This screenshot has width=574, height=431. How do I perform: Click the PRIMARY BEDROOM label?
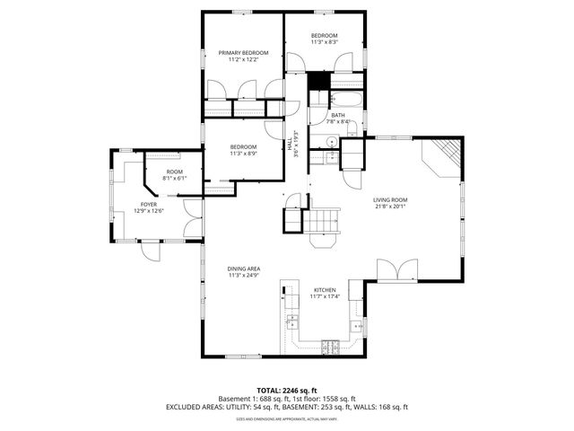pos(238,53)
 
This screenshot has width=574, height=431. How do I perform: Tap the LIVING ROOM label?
pos(391,199)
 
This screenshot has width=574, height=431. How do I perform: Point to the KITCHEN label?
pos(325,289)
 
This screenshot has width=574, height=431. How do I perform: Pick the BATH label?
pos(337,115)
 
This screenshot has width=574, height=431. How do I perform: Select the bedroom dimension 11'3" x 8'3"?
pos(325,42)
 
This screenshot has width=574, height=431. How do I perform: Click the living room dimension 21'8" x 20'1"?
pos(391,206)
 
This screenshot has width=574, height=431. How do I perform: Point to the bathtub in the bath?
pos(346,99)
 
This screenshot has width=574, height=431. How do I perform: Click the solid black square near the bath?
pos(317,79)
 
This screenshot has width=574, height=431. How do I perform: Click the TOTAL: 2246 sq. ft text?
pos(287,390)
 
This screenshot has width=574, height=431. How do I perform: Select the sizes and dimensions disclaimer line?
pos(287,418)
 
